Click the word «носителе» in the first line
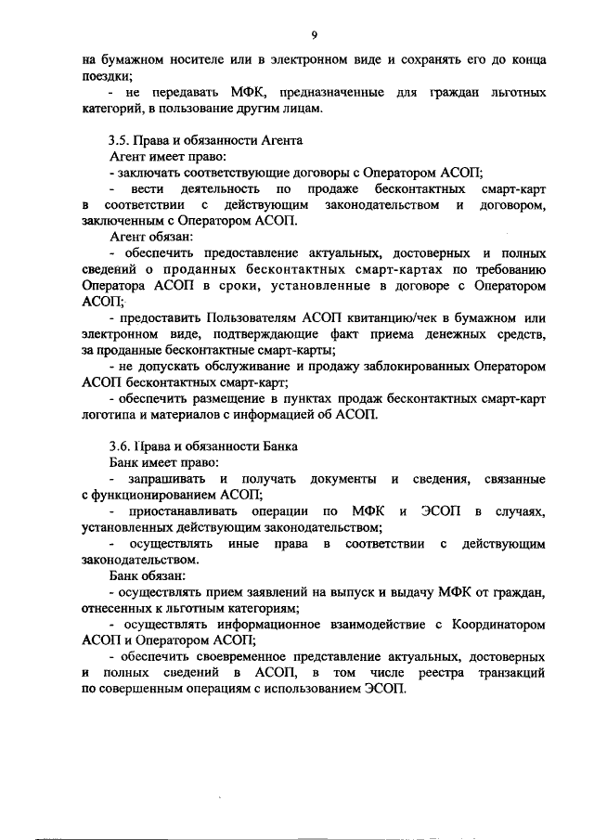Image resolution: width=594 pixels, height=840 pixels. [x=191, y=59]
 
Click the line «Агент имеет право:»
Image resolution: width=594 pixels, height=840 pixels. [x=161, y=157]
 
